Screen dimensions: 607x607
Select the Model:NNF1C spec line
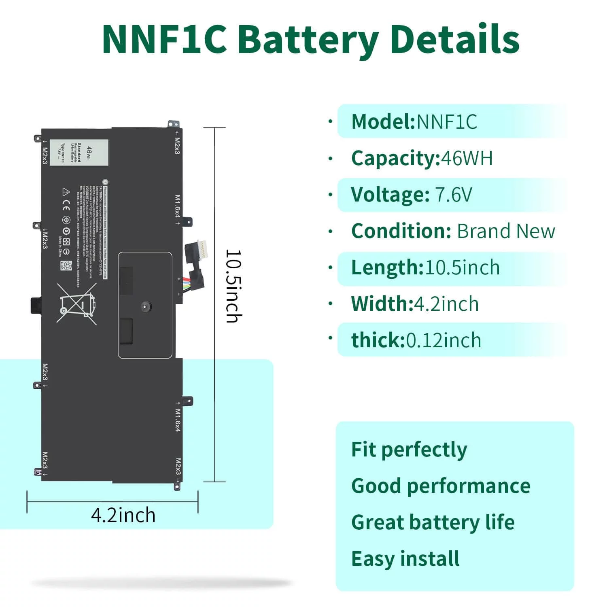(414, 121)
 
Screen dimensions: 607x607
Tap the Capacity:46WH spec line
(422, 158)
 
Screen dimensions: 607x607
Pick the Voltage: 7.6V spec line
(411, 195)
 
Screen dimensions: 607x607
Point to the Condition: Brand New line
(453, 231)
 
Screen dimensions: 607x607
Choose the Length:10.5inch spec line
(425, 267)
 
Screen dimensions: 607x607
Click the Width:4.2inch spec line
(415, 304)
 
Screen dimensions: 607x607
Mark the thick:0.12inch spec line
(416, 340)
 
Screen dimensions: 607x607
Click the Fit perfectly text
(409, 450)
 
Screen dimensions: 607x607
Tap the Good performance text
(440, 486)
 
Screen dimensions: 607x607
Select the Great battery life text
(433, 522)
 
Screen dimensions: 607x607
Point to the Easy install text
(405, 559)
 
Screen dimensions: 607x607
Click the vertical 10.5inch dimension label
(234, 286)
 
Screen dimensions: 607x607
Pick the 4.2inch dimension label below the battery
(123, 515)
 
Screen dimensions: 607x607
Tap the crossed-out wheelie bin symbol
(77, 303)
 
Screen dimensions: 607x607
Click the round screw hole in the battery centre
(145, 307)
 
